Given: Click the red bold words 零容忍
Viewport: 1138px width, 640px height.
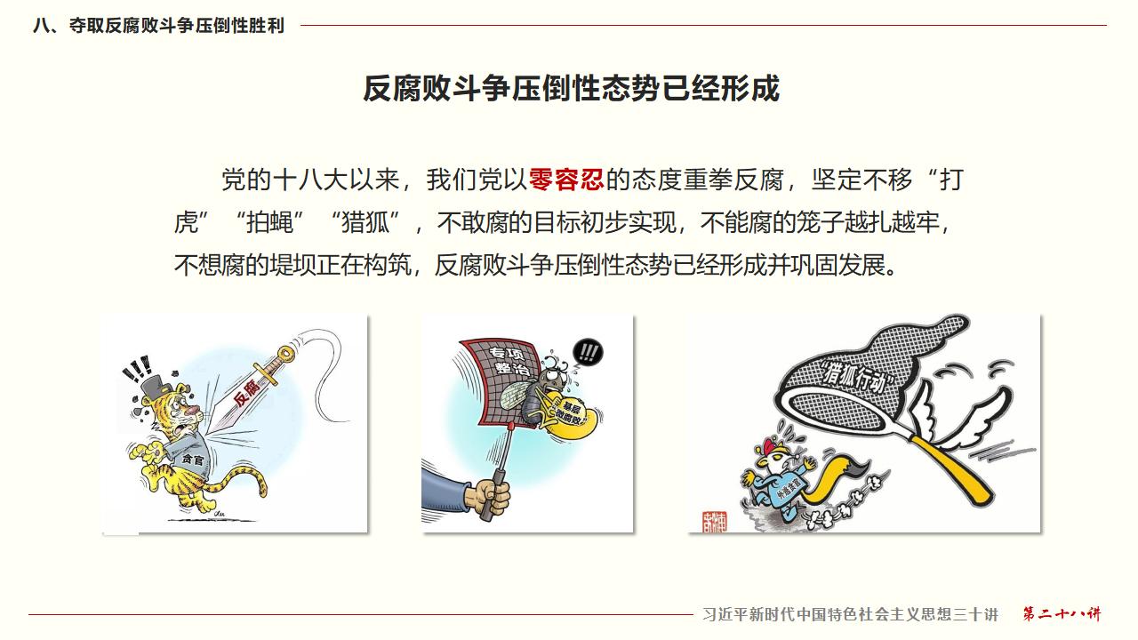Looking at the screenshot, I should coord(566,180).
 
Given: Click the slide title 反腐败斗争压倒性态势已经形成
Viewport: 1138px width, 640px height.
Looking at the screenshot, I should coord(571,88).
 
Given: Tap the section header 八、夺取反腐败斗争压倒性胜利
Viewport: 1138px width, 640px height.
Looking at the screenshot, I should coord(158,26).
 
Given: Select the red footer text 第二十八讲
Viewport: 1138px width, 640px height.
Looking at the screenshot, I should coord(1062,614).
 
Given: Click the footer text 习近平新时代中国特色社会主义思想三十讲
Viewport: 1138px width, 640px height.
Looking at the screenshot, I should coord(850,615).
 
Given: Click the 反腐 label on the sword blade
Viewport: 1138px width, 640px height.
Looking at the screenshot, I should coord(247,391).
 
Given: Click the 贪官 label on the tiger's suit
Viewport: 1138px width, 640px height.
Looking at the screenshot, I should coord(191,460).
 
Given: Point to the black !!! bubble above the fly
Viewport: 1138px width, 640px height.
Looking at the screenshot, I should coord(588,352).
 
